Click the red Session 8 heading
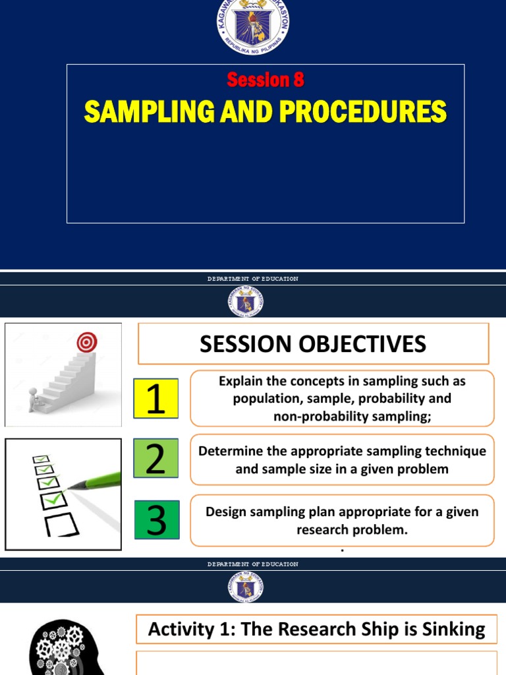point(266,80)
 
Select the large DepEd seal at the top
point(252,26)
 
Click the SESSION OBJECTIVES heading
point(313,343)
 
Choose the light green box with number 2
point(155,459)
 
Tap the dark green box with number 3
point(157,519)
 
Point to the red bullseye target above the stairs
point(87,341)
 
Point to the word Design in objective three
point(225,512)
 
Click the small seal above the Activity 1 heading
point(246,586)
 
